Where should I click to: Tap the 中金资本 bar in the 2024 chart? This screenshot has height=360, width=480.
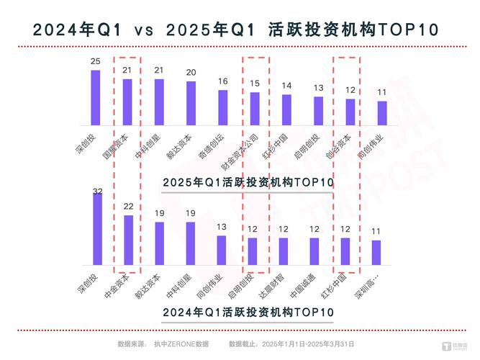(x=128, y=241)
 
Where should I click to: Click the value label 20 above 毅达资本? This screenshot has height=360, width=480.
(x=191, y=73)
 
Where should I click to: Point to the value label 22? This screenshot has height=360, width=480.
(x=128, y=207)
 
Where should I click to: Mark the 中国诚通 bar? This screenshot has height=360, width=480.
(x=314, y=252)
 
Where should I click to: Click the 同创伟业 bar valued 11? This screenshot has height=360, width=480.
(x=382, y=114)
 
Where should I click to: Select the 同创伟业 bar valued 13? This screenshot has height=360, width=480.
(x=222, y=251)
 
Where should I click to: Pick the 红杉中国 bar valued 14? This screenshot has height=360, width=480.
(x=287, y=110)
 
